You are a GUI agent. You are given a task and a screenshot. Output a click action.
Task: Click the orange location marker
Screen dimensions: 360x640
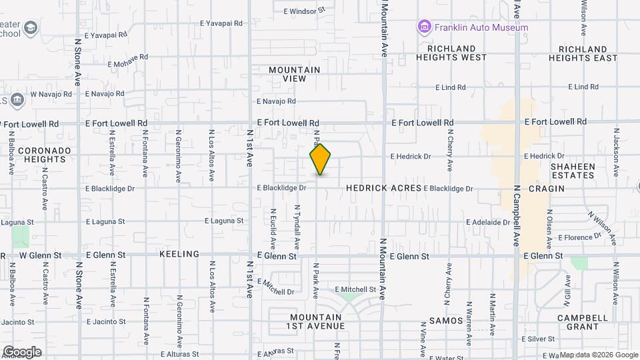point(320,159)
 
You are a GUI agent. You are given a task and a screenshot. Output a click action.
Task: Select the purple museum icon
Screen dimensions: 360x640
point(424,27)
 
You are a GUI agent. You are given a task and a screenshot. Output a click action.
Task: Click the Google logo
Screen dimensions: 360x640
point(22,351)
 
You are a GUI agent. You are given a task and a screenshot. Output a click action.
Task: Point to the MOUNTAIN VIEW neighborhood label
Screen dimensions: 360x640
point(294,74)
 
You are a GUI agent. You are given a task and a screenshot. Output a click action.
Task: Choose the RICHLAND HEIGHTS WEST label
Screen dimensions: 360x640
point(451,53)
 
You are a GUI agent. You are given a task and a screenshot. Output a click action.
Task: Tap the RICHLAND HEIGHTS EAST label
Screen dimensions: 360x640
point(583,53)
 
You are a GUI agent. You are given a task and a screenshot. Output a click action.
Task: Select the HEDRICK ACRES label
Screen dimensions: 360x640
point(383,189)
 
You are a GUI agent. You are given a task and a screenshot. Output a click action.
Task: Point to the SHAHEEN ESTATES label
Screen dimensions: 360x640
point(572,171)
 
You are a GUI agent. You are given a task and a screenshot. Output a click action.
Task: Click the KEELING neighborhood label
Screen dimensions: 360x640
point(179,255)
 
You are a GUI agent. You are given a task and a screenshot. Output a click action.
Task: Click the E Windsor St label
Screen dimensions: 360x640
point(303,11)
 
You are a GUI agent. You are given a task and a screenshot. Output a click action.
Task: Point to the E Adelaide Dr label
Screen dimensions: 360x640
point(487,222)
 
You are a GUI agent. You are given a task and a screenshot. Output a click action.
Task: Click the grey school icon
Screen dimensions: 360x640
point(30,29)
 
